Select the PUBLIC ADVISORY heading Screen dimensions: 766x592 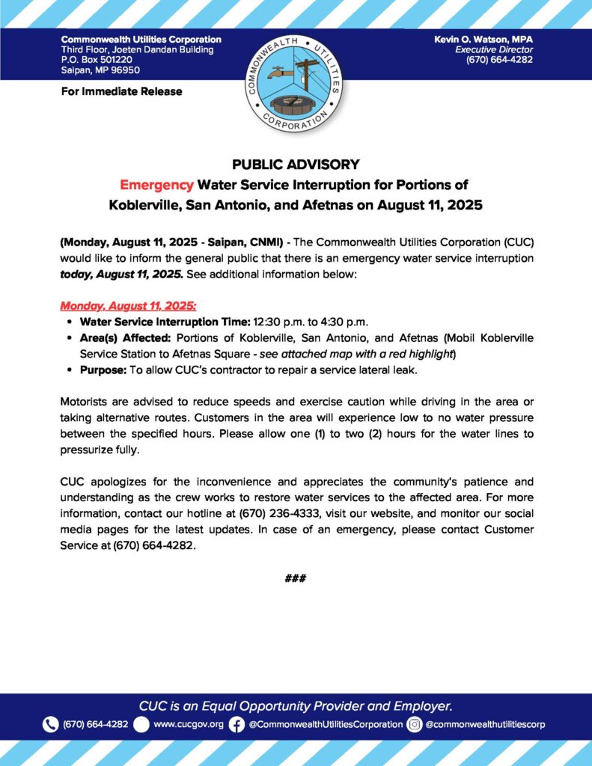point(296,164)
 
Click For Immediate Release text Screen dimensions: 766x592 point(121,91)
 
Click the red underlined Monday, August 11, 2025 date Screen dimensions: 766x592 point(128,306)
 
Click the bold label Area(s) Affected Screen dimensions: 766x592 point(125,337)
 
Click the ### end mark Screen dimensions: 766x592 point(296,578)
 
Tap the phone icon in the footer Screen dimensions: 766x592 point(50,724)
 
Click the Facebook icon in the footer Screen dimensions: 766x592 point(237,724)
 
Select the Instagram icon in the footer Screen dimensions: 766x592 point(415,724)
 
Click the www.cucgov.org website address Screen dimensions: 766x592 point(189,724)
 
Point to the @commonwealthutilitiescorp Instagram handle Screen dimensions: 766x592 point(485,724)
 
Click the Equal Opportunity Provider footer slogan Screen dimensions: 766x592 point(296,705)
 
